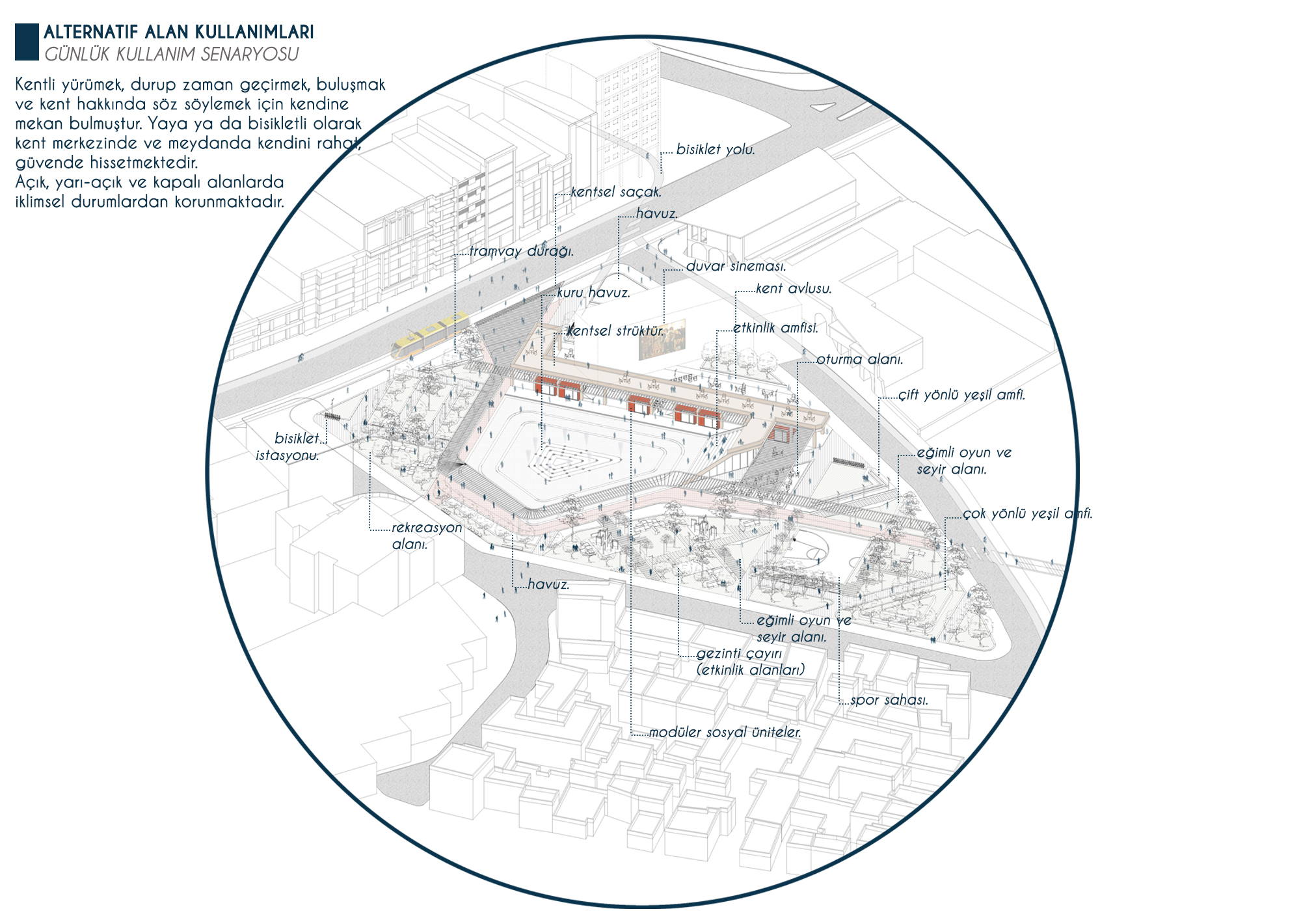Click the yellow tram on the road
click(430, 336)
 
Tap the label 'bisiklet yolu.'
click(716, 150)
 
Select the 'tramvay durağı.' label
click(521, 251)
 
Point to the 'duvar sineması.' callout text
click(736, 266)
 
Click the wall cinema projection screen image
click(662, 339)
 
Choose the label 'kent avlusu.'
click(794, 288)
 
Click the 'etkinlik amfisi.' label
click(775, 328)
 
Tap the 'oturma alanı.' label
click(859, 359)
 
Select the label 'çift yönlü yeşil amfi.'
click(961, 395)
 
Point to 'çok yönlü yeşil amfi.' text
click(1027, 513)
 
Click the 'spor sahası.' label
click(889, 701)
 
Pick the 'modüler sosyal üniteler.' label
click(725, 733)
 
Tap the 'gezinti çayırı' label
click(739, 654)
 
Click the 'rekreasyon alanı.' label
click(426, 535)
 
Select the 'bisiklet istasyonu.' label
click(288, 446)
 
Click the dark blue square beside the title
click(27, 42)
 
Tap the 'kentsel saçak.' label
click(615, 192)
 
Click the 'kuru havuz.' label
click(593, 293)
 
